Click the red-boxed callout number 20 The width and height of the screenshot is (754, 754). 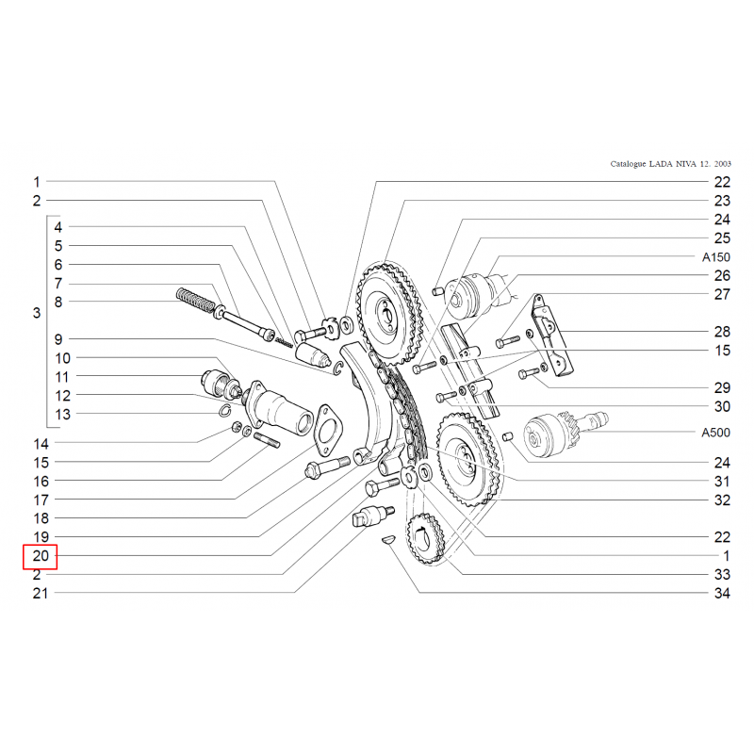click(41, 556)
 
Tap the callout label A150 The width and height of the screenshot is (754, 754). click(715, 257)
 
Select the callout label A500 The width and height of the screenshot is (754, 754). click(715, 433)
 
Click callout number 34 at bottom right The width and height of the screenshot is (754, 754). click(722, 594)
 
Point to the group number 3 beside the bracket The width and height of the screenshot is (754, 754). click(37, 314)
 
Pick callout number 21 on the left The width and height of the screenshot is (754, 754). click(41, 594)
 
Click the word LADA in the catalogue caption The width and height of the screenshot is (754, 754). click(661, 164)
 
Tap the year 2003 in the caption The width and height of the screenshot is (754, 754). click(722, 164)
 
